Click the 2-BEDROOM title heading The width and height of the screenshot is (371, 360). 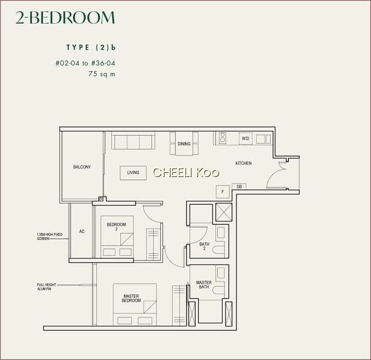coord(65,18)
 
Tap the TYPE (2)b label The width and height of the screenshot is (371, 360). coord(91,47)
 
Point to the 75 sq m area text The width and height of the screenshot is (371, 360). coord(101,74)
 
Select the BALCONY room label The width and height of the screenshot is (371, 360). coord(82,167)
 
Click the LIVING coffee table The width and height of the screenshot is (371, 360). coord(133,173)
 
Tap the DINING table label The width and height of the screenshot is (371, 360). coord(184,144)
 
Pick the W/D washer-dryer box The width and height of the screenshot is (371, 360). coord(246,139)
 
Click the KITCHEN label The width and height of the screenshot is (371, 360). coord(244,163)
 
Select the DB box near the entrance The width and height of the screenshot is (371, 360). coord(239,187)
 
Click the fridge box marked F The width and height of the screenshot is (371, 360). coord(223,191)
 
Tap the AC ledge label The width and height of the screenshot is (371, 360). coord(82,232)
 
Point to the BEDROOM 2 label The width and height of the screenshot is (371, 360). coord(116,227)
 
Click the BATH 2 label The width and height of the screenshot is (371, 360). coord(204,246)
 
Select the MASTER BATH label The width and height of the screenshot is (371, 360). coord(204,284)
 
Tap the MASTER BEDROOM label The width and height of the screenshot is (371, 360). coord(131,298)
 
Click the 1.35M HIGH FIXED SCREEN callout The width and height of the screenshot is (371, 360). coord(50,236)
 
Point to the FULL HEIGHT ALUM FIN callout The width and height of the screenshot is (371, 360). coord(47,287)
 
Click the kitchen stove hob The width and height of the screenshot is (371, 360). coord(222,137)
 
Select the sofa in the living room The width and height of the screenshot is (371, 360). coord(133,140)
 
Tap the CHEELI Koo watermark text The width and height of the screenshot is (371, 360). coord(186,173)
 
